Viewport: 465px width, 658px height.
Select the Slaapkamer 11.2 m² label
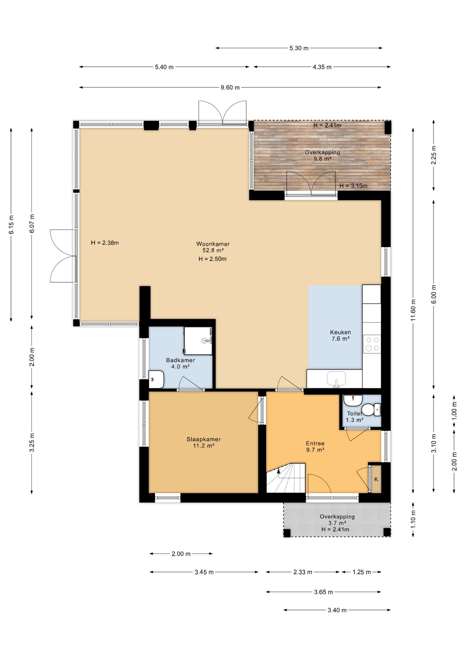[203, 442]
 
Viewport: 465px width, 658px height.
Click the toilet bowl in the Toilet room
[371, 410]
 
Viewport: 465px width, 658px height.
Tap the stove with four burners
[372, 344]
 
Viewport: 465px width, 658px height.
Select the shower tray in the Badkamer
[198, 341]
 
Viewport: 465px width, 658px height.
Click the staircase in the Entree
[286, 478]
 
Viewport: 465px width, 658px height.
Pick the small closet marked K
[376, 479]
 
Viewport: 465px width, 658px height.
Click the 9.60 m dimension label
[230, 87]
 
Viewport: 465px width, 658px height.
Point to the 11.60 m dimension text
[413, 310]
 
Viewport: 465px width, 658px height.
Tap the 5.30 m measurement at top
[299, 48]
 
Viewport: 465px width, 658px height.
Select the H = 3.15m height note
[353, 186]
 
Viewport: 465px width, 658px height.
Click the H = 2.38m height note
[105, 243]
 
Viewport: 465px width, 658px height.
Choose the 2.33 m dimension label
[303, 572]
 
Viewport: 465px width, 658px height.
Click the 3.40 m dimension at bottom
[337, 610]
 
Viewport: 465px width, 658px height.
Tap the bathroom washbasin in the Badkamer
[156, 379]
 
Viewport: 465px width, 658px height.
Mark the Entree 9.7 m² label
[315, 447]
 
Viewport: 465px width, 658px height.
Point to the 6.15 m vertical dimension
[11, 224]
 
